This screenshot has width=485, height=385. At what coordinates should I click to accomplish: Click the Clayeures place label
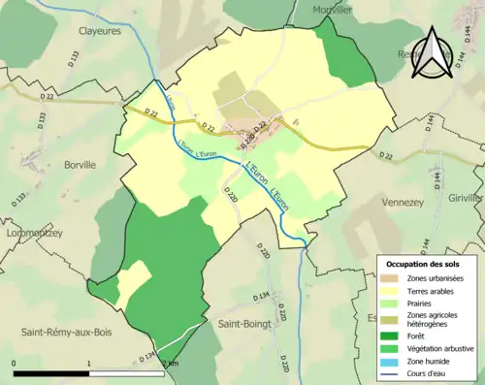(x=98, y=30)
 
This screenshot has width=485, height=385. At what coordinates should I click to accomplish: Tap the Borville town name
(x=78, y=165)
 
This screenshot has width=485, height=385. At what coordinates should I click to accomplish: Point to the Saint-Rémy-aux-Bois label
(x=61, y=332)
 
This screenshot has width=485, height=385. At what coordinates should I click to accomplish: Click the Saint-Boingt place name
(x=242, y=322)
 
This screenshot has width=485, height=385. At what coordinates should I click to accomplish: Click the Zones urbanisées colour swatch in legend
(x=393, y=278)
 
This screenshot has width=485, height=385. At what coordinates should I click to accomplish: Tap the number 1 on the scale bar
(x=89, y=364)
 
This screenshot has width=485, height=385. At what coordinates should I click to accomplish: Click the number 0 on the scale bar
(x=15, y=364)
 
